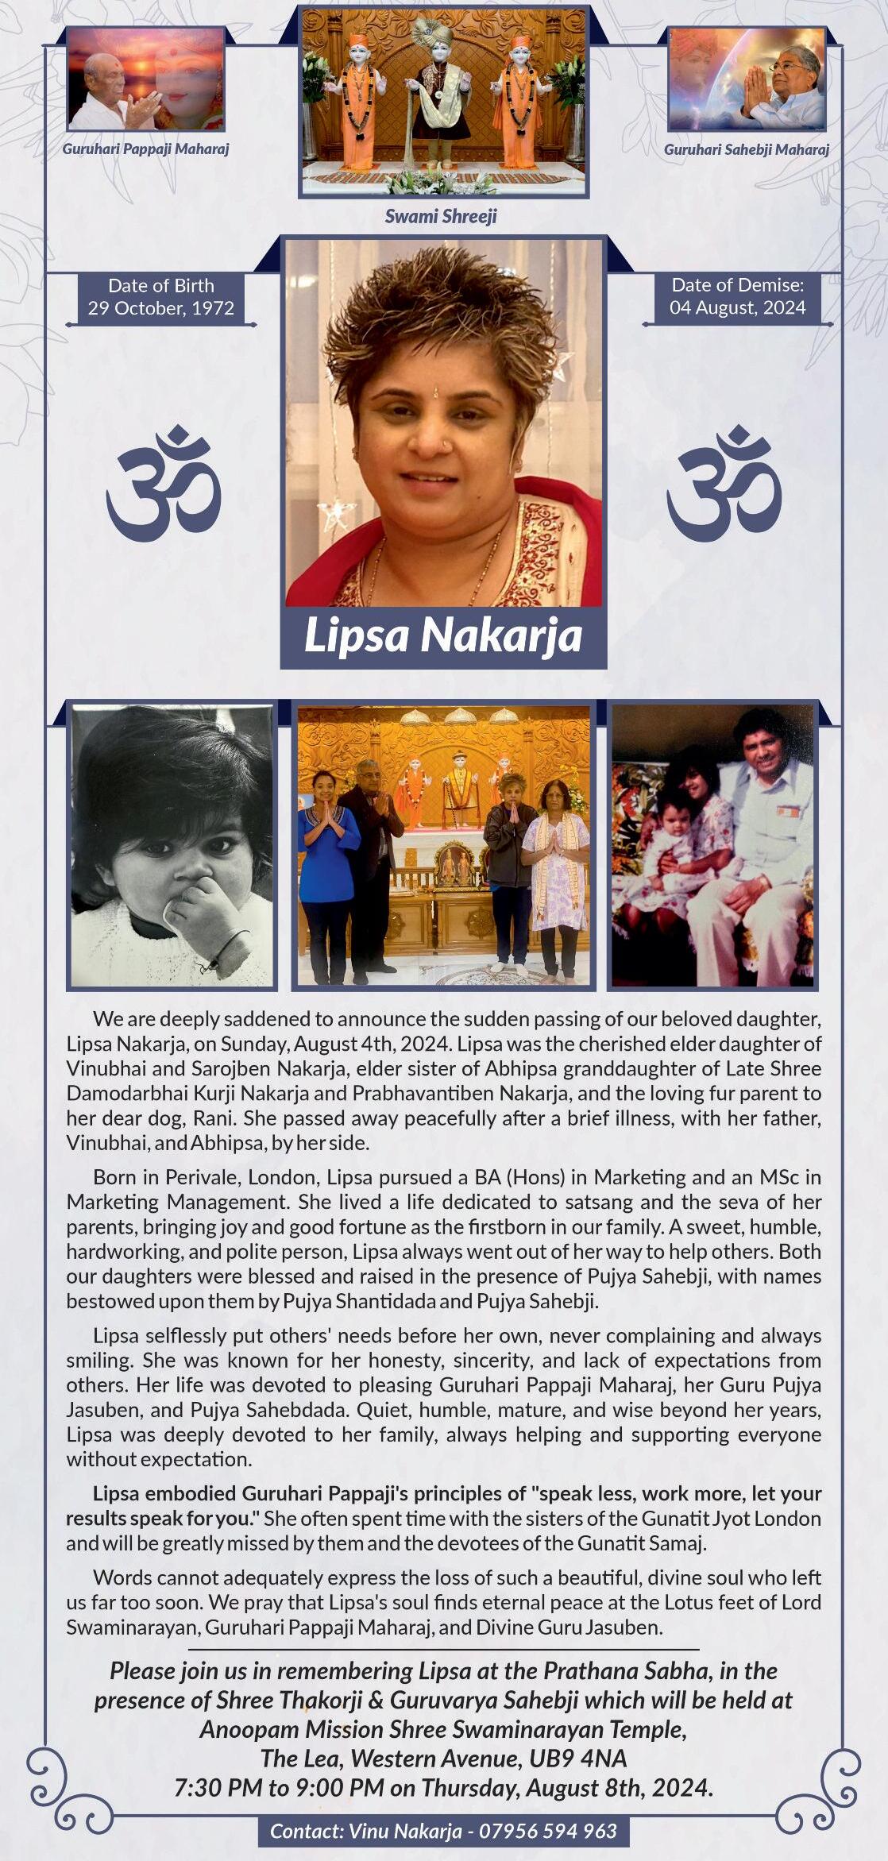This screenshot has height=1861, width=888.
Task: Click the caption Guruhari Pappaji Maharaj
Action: click(x=145, y=149)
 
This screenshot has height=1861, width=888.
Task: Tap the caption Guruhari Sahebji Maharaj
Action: click(x=746, y=149)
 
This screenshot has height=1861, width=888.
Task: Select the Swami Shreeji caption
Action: click(x=441, y=216)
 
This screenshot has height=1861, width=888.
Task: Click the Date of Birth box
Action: click(x=161, y=297)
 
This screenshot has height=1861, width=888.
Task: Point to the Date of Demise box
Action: click(x=737, y=297)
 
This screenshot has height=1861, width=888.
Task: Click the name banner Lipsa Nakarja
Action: click(x=443, y=636)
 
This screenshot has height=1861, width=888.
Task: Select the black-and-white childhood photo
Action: click(x=172, y=845)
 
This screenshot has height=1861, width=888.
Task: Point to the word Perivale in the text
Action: click(x=272, y=1177)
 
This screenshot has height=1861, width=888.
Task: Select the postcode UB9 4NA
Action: click(x=577, y=1758)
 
